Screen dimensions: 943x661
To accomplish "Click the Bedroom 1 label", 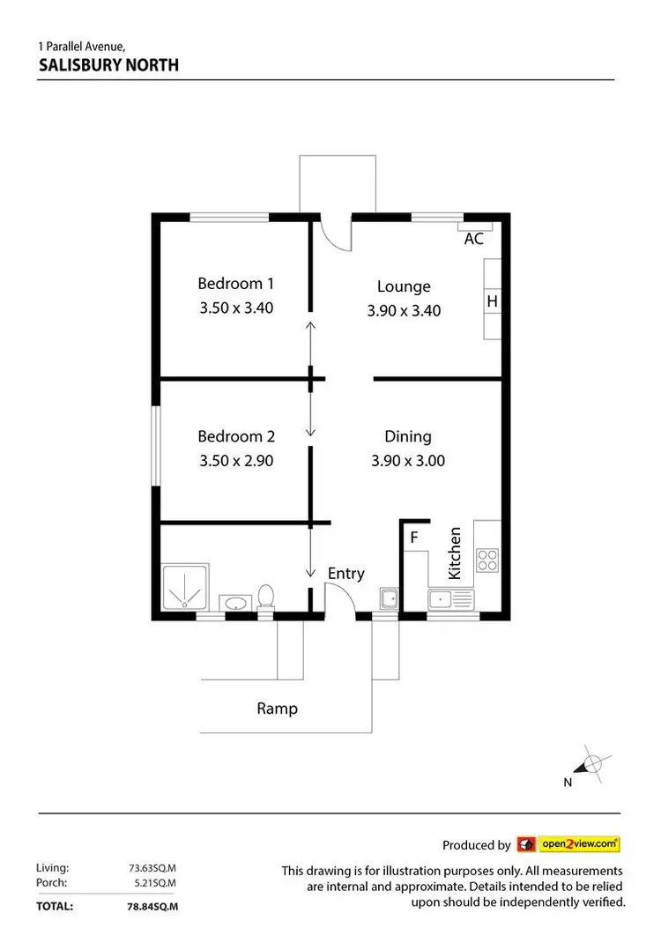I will [x=235, y=283].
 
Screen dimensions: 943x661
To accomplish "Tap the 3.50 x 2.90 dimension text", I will [x=235, y=460].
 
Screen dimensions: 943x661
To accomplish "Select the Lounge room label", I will [x=404, y=286].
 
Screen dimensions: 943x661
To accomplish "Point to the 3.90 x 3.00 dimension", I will [x=407, y=460].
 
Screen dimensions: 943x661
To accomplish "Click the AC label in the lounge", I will [x=473, y=239].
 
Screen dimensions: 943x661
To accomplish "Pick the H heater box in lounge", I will [x=493, y=301].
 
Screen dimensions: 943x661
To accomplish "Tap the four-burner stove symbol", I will [x=487, y=559].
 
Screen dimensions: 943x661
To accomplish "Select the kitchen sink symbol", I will [x=450, y=600].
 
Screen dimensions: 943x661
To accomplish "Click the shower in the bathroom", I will [x=185, y=588].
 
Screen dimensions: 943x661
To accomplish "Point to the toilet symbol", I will [x=265, y=598].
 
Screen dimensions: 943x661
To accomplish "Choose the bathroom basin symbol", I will [x=234, y=603].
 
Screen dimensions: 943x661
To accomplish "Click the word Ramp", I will [x=277, y=708].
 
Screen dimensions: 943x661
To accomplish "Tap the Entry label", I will [x=345, y=574].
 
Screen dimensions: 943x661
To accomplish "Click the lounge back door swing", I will [x=336, y=234].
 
